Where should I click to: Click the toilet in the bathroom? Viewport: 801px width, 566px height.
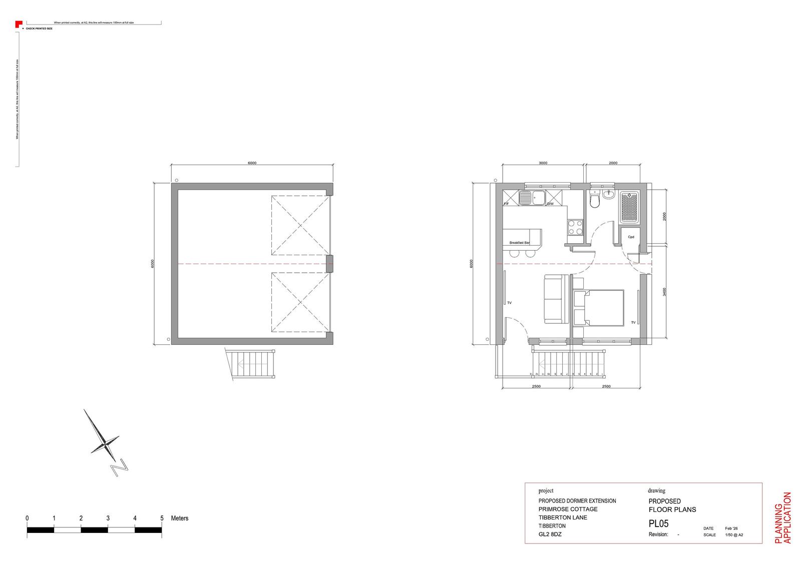point(594,201)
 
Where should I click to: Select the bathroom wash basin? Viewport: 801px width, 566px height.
point(609,194)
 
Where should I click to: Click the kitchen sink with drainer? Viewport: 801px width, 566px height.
point(532,198)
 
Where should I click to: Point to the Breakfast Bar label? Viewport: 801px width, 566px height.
point(519,243)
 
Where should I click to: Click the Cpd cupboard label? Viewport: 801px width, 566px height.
point(631,237)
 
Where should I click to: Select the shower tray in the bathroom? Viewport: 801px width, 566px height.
point(629,207)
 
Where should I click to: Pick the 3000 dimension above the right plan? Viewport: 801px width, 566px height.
point(543,163)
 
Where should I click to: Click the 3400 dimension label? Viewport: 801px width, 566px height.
point(664,292)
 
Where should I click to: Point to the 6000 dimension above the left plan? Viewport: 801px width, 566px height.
point(252,163)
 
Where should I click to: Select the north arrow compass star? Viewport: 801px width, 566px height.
point(105,443)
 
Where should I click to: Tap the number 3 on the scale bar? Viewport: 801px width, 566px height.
point(108,518)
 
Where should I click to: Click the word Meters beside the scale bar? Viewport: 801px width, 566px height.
point(179,518)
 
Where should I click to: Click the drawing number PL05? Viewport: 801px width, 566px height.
point(658,524)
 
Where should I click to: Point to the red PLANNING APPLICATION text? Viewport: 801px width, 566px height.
point(782,518)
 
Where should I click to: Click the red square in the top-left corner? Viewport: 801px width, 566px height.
point(18,23)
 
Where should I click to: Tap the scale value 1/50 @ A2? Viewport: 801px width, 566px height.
point(734,534)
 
